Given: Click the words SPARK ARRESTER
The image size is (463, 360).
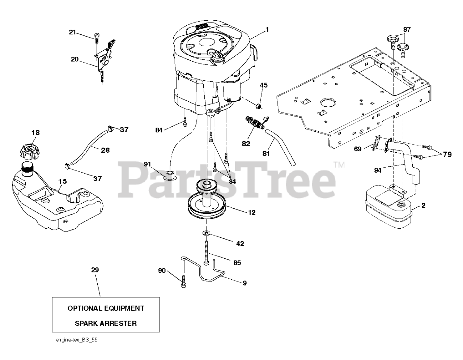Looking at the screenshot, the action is [106, 323].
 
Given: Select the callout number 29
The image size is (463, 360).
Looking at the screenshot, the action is [95, 270].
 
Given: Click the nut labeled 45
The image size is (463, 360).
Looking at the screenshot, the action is [258, 106].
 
